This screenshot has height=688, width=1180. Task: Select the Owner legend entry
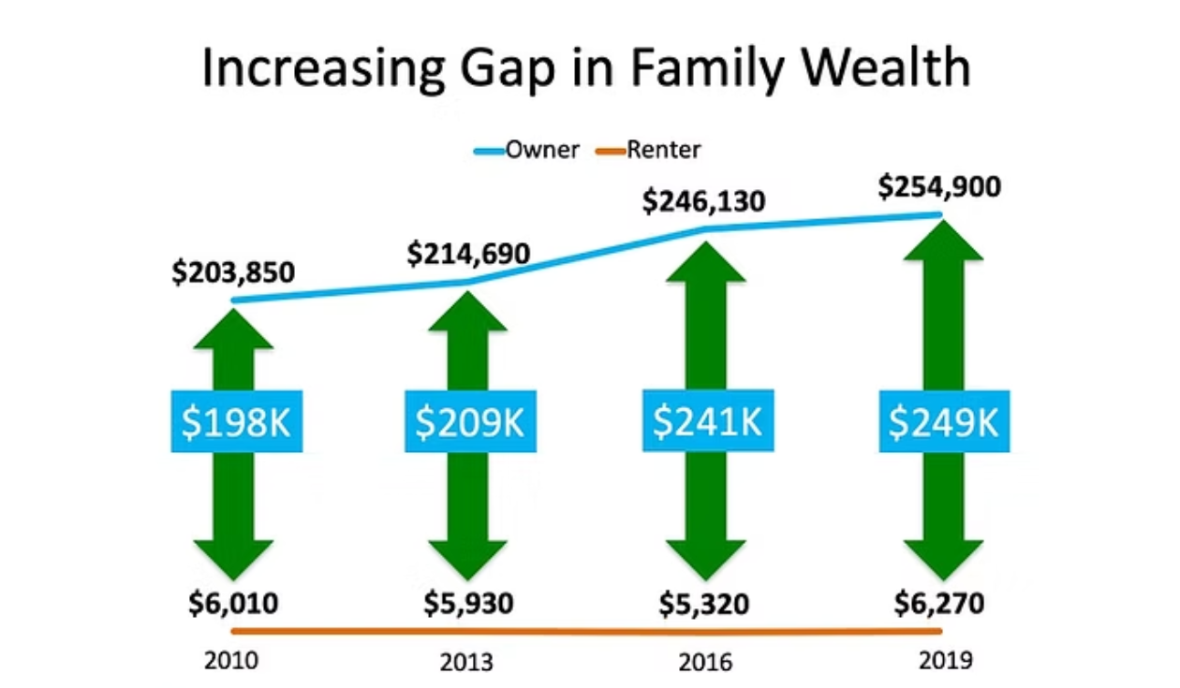(526, 150)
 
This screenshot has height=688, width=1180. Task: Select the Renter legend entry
(648, 150)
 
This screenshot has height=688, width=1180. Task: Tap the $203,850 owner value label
(233, 272)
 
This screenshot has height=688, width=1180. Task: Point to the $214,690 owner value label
(468, 254)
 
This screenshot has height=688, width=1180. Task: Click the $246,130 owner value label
(704, 201)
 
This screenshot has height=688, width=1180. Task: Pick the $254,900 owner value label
(939, 187)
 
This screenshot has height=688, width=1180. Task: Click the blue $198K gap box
(237, 421)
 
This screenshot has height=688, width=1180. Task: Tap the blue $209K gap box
(470, 421)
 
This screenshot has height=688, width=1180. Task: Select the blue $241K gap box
(708, 420)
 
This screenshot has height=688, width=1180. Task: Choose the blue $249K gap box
(945, 421)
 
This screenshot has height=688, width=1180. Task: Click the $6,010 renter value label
(233, 603)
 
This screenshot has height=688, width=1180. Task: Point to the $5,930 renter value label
(468, 603)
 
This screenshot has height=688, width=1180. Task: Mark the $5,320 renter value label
(704, 604)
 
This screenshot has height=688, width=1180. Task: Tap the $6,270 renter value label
(939, 603)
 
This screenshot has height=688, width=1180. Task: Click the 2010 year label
(231, 661)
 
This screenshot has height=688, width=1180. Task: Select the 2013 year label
(466, 663)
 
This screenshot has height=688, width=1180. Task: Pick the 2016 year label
(705, 663)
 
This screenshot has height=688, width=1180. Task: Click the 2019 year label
(946, 661)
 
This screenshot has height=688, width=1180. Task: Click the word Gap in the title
(508, 69)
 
